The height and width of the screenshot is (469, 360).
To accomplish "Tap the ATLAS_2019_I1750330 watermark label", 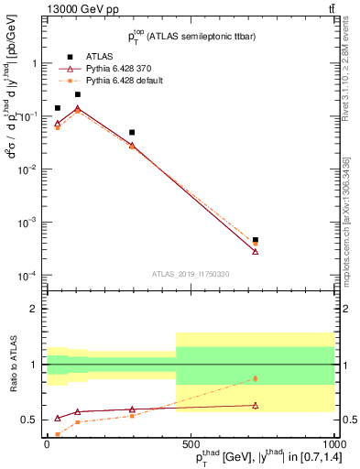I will [x=190, y=273].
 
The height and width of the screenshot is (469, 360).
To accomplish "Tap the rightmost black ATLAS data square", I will [x=256, y=240].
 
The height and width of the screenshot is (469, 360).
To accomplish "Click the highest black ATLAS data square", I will [x=77, y=94].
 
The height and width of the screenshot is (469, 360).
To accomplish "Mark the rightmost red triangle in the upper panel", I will [x=256, y=251].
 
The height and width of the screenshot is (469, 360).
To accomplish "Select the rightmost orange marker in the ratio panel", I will [x=256, y=378].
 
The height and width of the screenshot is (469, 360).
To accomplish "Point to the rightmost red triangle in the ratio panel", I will [x=256, y=405].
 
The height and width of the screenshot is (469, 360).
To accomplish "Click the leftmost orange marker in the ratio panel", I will [x=58, y=434].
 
